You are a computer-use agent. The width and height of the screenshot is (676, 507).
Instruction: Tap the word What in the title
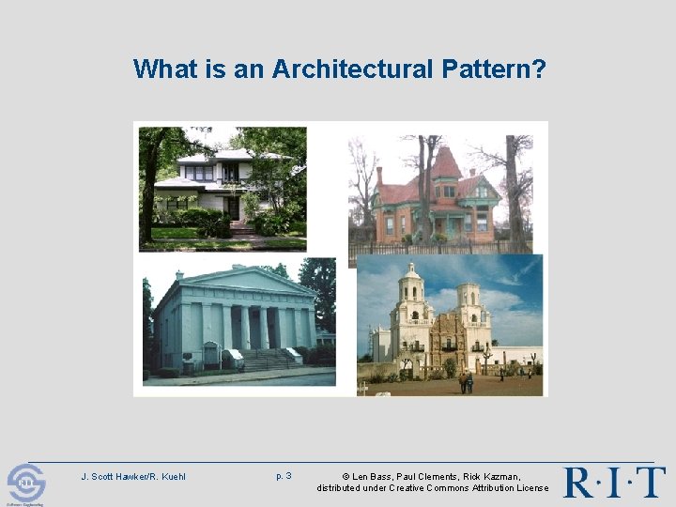(163, 69)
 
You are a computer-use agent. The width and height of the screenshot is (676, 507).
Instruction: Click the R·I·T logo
(614, 482)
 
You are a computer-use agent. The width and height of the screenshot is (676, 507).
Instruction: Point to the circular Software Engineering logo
(25, 484)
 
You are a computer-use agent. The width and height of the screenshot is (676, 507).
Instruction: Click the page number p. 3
(284, 476)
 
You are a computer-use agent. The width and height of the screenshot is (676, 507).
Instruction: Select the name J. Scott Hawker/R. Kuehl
(133, 477)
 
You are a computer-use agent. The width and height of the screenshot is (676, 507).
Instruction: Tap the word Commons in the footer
(453, 488)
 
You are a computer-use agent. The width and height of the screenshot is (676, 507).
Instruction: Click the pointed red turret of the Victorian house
(445, 161)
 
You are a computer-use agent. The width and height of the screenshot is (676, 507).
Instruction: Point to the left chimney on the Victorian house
(379, 176)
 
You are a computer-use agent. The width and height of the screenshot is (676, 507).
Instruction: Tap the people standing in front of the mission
(467, 382)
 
